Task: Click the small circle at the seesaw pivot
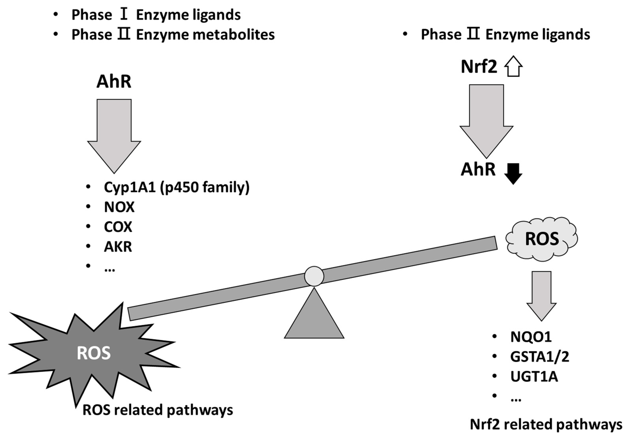[314, 276]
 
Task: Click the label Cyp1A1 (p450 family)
[176, 188]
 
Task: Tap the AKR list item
[118, 247]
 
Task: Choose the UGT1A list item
[534, 377]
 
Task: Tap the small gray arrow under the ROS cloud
[541, 295]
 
